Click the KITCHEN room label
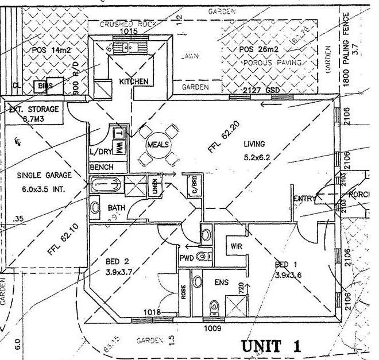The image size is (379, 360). point(134,82)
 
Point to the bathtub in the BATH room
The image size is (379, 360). point(107,186)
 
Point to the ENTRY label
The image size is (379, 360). point(305,199)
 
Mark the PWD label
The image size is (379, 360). point(187,258)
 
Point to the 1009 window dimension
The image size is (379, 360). point(212,330)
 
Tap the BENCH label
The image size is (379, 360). point(102,167)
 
